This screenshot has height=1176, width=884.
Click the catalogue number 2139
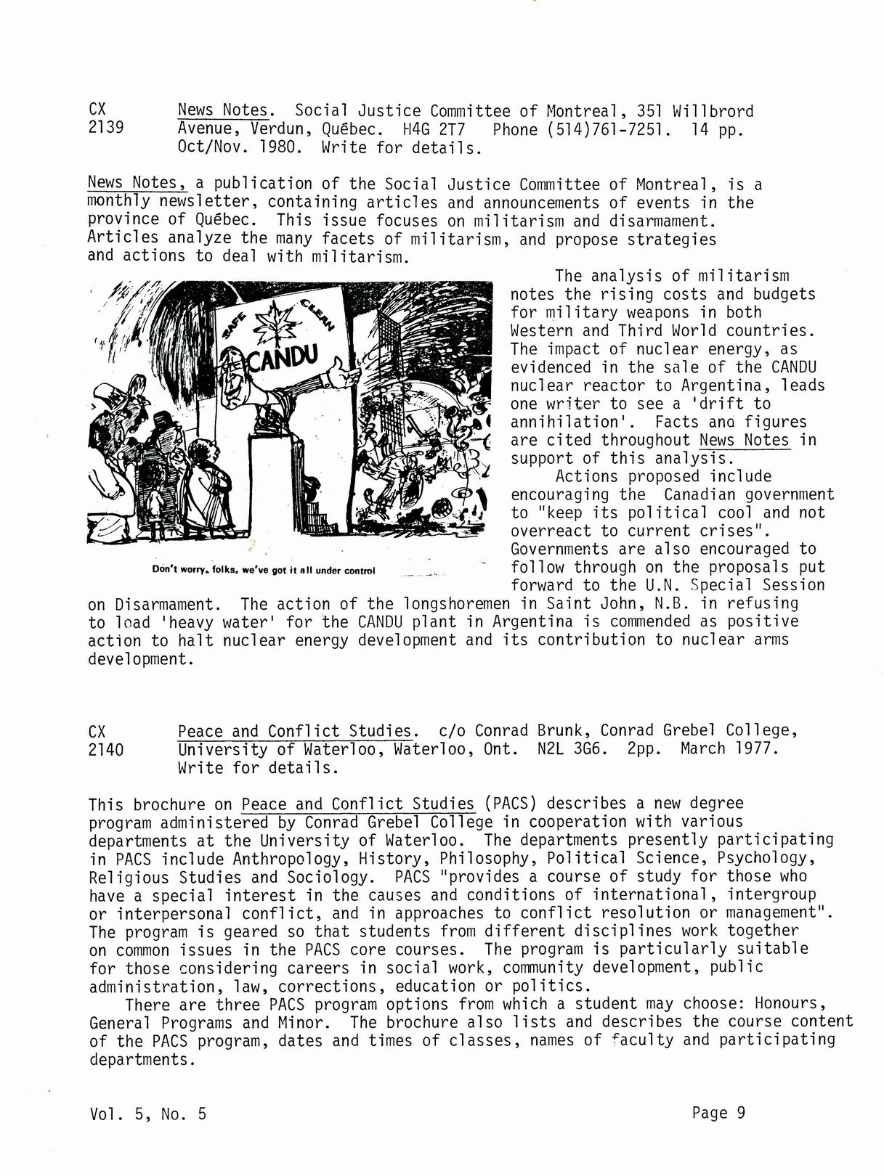pos(105,128)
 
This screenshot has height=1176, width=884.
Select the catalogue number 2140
pos(105,749)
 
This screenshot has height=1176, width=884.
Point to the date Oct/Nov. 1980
pos(239,148)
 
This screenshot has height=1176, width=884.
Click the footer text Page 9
pos(718,1113)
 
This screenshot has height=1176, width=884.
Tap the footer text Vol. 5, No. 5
pos(148,1114)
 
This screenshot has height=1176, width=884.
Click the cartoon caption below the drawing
pos(263,570)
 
